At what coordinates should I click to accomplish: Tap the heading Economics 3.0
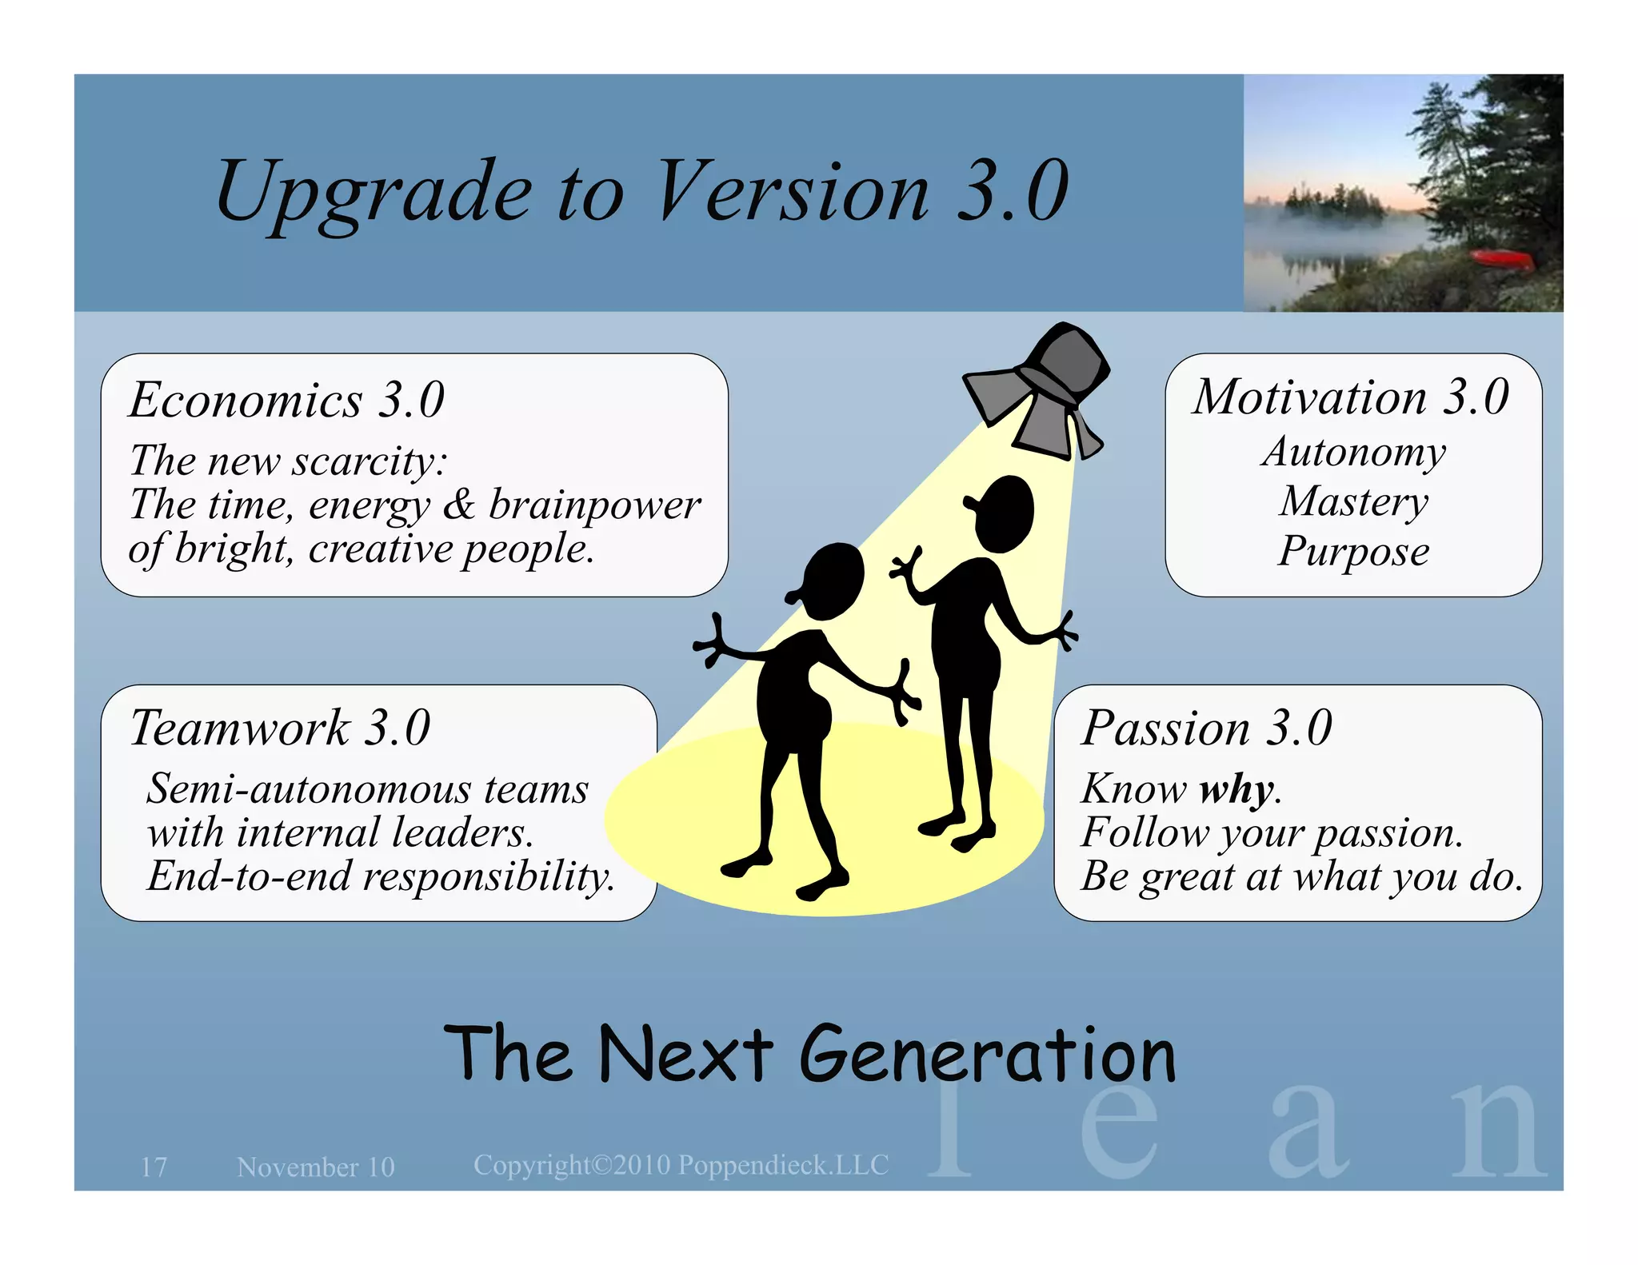point(286,399)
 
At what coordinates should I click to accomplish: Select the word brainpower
point(594,505)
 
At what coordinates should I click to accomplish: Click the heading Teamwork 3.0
point(280,728)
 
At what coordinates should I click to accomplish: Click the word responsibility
point(489,876)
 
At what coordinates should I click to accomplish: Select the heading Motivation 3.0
point(1351,397)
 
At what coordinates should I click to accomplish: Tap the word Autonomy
point(1354,452)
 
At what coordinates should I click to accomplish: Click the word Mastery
point(1354,502)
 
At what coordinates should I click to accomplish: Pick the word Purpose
point(1353,552)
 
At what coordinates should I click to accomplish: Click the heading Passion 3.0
point(1206,728)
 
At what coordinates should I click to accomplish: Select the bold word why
point(1236,789)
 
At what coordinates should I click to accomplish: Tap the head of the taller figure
point(1001,513)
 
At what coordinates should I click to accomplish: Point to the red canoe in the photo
point(1502,258)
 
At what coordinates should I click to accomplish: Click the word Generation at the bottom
point(987,1055)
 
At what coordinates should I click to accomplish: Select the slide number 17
point(154,1167)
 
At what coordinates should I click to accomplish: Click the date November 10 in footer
point(316,1167)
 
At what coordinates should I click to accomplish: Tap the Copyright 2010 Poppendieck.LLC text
point(681,1165)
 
